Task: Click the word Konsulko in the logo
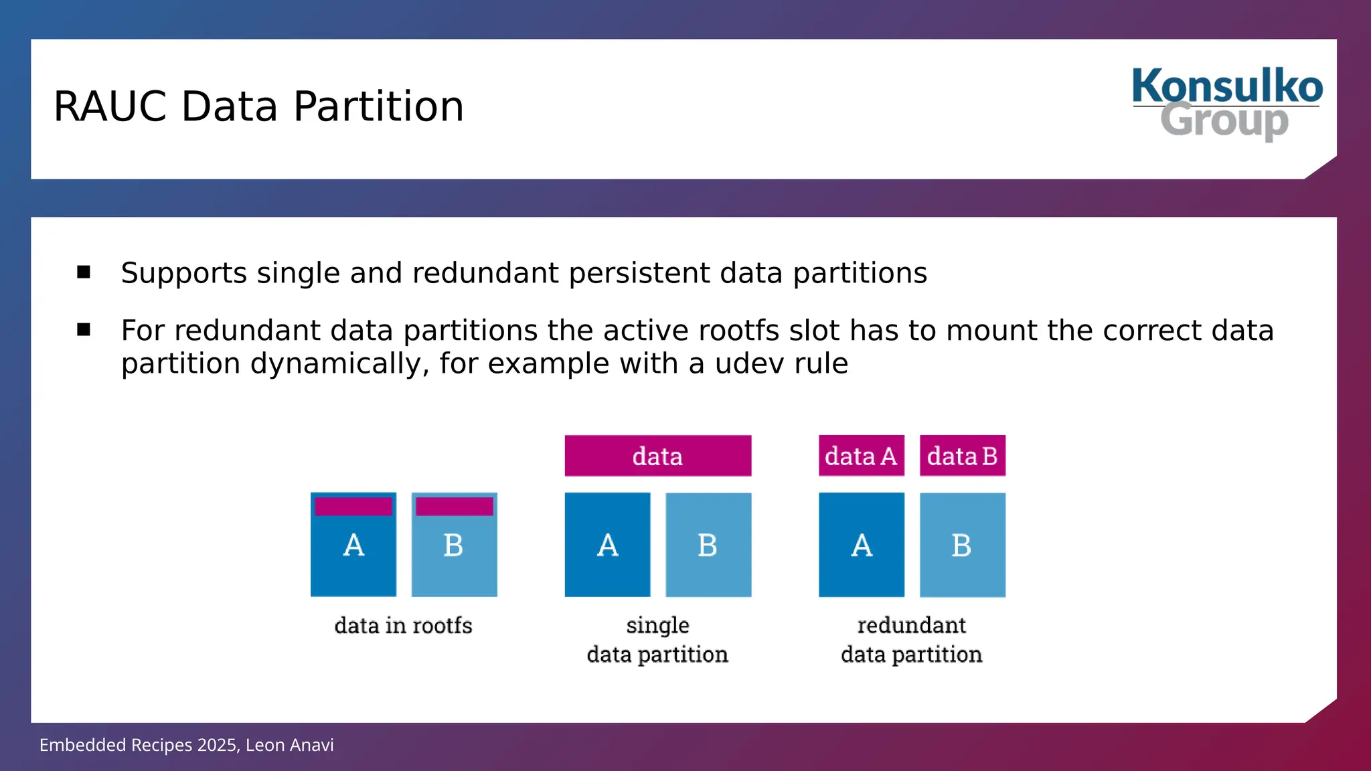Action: pos(1227,86)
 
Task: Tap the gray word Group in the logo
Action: pos(1224,121)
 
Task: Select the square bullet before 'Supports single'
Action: pos(84,272)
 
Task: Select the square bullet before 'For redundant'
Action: pos(84,329)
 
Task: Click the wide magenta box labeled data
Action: pos(657,456)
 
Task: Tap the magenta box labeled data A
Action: pos(861,456)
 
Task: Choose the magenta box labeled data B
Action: pos(962,456)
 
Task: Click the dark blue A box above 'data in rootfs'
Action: pos(353,555)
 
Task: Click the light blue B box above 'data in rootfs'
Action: pos(454,555)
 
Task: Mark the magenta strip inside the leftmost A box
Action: pos(353,507)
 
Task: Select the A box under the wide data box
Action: pos(607,545)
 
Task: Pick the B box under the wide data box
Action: pos(708,545)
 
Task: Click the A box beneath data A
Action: pos(861,545)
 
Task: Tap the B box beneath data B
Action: pos(962,545)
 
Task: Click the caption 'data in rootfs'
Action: pos(403,626)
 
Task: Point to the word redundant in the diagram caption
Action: pos(911,625)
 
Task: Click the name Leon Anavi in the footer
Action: pos(289,745)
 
